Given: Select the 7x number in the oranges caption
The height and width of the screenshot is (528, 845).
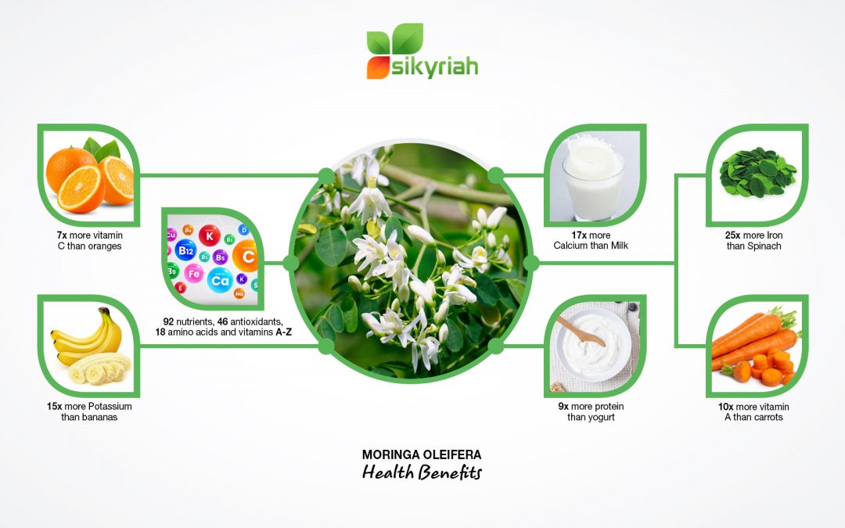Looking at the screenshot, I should tap(61, 235).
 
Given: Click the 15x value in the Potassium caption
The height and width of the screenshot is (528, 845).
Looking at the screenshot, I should tap(53, 407).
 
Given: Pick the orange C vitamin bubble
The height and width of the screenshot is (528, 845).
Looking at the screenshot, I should tap(248, 256).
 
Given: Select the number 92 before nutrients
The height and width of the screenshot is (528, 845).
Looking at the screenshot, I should tap(169, 321).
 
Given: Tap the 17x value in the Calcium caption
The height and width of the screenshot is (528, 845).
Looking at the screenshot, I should tap(580, 235).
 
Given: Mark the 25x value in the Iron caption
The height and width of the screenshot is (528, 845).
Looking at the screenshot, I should tap(734, 235).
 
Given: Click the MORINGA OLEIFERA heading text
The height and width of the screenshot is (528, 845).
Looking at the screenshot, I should tap(422, 454).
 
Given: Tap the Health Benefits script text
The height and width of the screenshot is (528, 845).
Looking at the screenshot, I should tap(422, 473).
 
